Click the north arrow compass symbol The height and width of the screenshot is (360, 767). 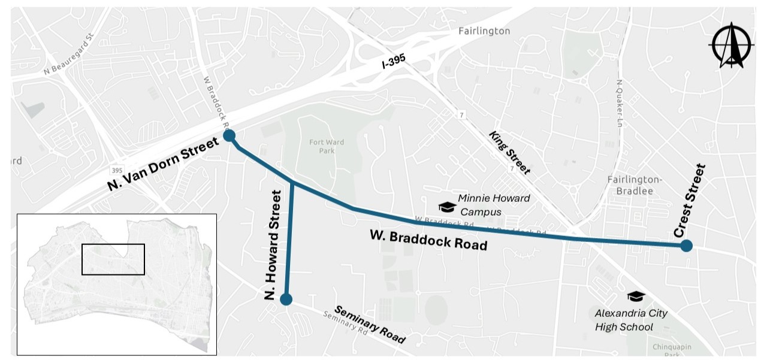point(730,45)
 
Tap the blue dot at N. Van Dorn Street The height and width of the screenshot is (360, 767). point(229,136)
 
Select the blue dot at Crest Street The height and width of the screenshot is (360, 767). point(687,245)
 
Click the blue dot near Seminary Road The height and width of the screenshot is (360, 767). point(286,299)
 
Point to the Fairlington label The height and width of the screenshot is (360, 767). point(484,31)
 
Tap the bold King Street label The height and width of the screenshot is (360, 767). point(509,153)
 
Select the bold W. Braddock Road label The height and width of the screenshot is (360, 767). point(427,240)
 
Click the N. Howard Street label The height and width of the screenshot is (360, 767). point(273,245)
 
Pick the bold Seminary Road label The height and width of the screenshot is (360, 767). point(369,325)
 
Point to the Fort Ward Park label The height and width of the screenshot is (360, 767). point(322,146)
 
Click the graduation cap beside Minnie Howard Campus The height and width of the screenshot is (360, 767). point(447,207)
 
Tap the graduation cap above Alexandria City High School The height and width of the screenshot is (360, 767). point(635,296)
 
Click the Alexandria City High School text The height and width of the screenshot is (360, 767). point(630,320)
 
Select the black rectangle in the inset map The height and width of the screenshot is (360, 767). point(113,259)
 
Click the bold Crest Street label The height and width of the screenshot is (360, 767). point(690,200)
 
